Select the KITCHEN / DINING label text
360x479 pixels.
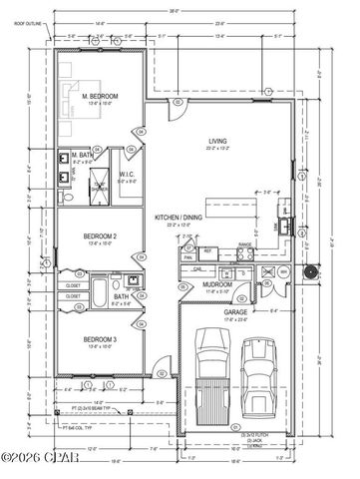pyautogui.click(x=180, y=217)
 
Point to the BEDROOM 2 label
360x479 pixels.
pyautogui.click(x=100, y=236)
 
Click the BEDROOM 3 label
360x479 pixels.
pyautogui.click(x=100, y=341)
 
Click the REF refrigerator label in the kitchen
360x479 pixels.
pyautogui.click(x=207, y=251)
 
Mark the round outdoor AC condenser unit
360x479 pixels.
pyautogui.click(x=306, y=272)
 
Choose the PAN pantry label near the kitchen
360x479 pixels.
pyautogui.click(x=187, y=258)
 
